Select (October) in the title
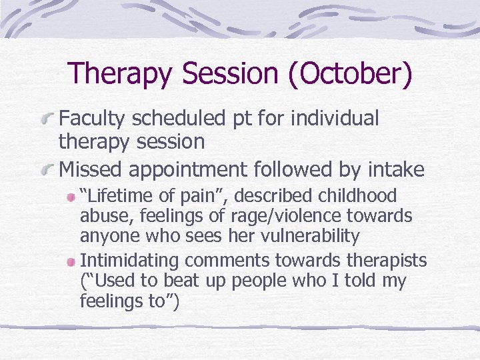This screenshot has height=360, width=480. click(349, 74)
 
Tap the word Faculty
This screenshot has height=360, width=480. click(93, 119)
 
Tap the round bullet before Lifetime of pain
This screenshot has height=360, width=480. click(71, 197)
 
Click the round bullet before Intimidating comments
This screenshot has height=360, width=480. click(71, 261)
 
